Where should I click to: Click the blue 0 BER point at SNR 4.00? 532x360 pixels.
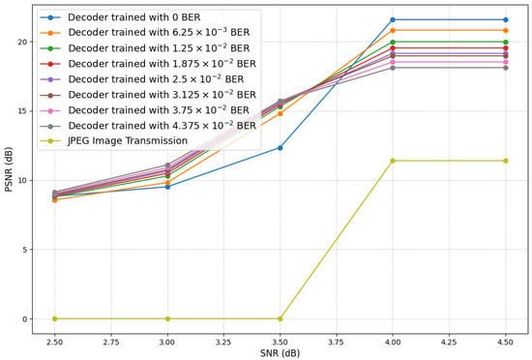(393, 19)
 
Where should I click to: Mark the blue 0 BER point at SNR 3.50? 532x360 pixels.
(281, 147)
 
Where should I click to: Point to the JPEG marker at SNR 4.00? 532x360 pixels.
(393, 161)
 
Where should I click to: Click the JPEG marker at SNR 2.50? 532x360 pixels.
(55, 318)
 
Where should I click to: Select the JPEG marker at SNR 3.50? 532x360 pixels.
(281, 318)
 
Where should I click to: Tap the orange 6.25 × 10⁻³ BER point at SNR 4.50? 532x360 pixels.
(505, 30)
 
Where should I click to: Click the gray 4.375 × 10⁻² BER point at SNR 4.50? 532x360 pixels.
(505, 68)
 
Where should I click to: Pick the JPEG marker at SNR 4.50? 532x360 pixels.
(505, 161)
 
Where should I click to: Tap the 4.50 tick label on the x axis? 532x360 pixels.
(505, 342)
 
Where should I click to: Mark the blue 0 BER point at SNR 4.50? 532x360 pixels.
(505, 19)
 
